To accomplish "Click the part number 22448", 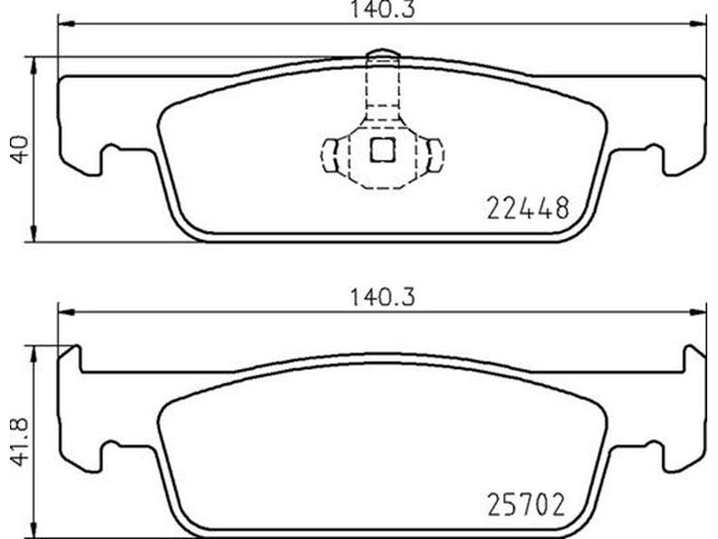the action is pos(528,208).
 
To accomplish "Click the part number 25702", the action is pos(526,505).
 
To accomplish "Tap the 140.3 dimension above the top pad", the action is pos(383,10).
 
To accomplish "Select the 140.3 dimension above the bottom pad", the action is pos(383,297).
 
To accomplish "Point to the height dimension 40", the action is pos(20,149).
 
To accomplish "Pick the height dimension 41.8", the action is pos(20,441).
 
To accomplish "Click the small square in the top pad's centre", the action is pos(383,150).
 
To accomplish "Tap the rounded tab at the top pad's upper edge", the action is pos(383,55).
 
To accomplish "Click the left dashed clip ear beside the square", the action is pos(329,155).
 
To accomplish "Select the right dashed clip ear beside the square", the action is pos(435,155).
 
